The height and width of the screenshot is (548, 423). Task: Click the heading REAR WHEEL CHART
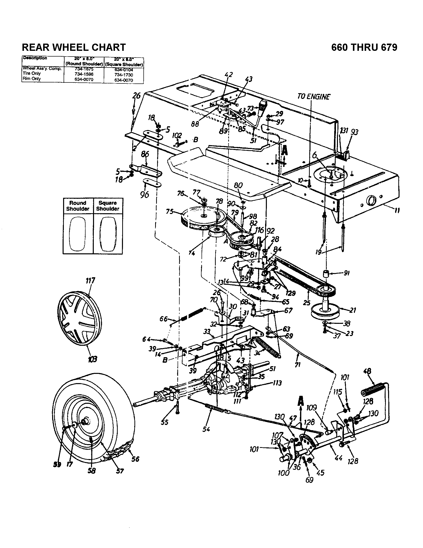(x=74, y=47)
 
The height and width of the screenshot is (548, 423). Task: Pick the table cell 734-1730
(x=124, y=75)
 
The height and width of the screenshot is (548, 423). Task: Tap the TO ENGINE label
(x=314, y=97)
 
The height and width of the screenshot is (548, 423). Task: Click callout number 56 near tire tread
(x=135, y=459)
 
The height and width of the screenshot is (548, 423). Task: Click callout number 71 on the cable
(x=297, y=364)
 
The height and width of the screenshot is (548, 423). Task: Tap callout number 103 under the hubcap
(x=92, y=359)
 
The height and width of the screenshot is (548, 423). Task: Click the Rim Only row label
(x=32, y=78)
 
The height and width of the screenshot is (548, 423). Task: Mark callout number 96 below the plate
(x=145, y=195)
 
